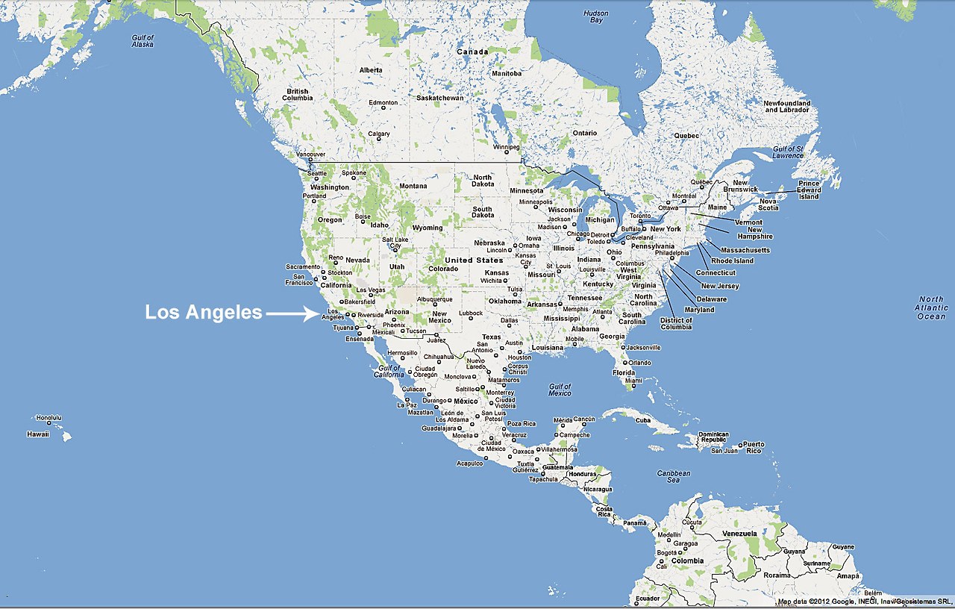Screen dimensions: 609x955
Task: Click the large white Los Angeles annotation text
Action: pos(204,313)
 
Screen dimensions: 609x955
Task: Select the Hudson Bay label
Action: pos(596,16)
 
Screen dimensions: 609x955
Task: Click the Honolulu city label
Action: pos(48,417)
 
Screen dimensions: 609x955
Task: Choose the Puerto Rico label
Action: pos(754,447)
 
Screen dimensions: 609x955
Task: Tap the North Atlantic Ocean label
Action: pos(931,307)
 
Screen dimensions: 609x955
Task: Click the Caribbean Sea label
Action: pos(673,476)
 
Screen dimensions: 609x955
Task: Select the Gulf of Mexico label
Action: pos(560,390)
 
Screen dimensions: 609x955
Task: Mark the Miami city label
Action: pos(633,381)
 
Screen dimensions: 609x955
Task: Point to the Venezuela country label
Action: pos(740,534)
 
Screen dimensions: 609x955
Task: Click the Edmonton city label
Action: pos(383,102)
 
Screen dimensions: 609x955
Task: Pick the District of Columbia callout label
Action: pos(676,323)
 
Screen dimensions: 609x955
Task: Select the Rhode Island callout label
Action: pos(733,261)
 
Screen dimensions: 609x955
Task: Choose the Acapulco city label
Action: pos(470,463)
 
